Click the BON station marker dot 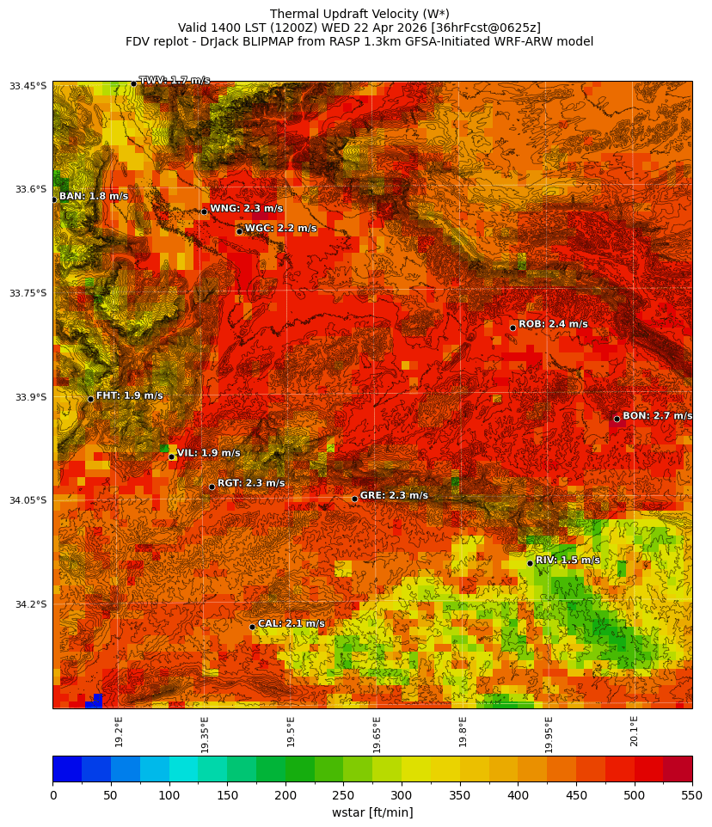(x=617, y=419)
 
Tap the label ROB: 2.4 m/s (x=553, y=324)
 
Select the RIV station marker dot (x=530, y=563)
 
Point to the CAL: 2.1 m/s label (x=292, y=623)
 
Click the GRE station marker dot (x=354, y=499)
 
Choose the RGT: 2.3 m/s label (x=251, y=483)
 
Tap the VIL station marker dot (x=171, y=456)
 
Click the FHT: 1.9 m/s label (x=129, y=395)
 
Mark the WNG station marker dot (x=204, y=211)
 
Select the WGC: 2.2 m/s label (x=280, y=228)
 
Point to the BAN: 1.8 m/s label (x=94, y=196)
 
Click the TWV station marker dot (x=133, y=83)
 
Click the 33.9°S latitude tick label (x=28, y=397)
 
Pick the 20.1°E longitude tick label (x=634, y=732)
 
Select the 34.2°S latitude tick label (x=28, y=604)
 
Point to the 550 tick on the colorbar (x=691, y=796)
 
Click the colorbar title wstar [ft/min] (x=372, y=812)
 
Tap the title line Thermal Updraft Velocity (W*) (x=359, y=14)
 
